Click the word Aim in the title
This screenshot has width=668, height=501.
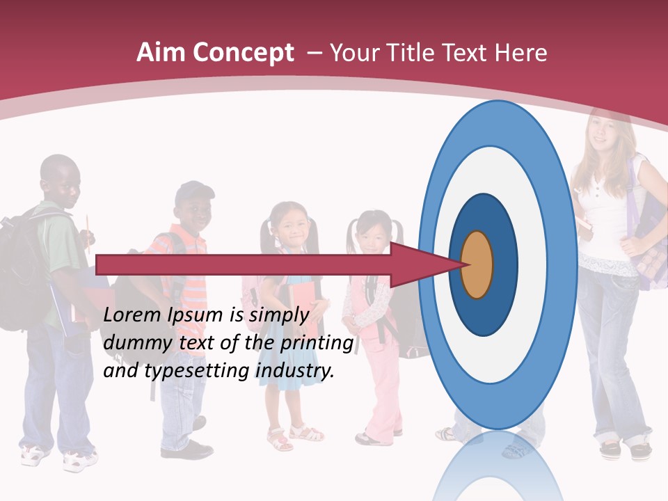(161, 53)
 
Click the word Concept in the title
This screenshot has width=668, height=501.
(243, 53)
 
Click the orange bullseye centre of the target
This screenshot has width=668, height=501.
(477, 264)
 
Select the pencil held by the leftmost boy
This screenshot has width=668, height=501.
(88, 226)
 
